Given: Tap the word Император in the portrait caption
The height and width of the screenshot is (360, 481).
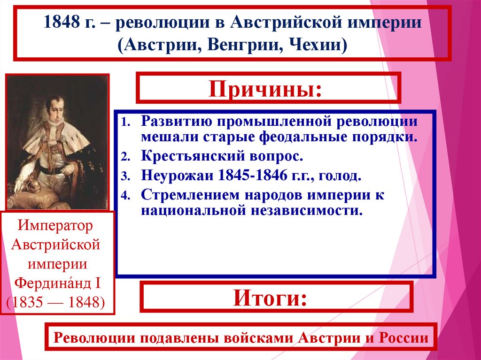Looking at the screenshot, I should tap(56, 226).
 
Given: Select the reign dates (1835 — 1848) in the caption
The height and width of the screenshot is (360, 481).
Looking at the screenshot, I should tap(56, 302).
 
